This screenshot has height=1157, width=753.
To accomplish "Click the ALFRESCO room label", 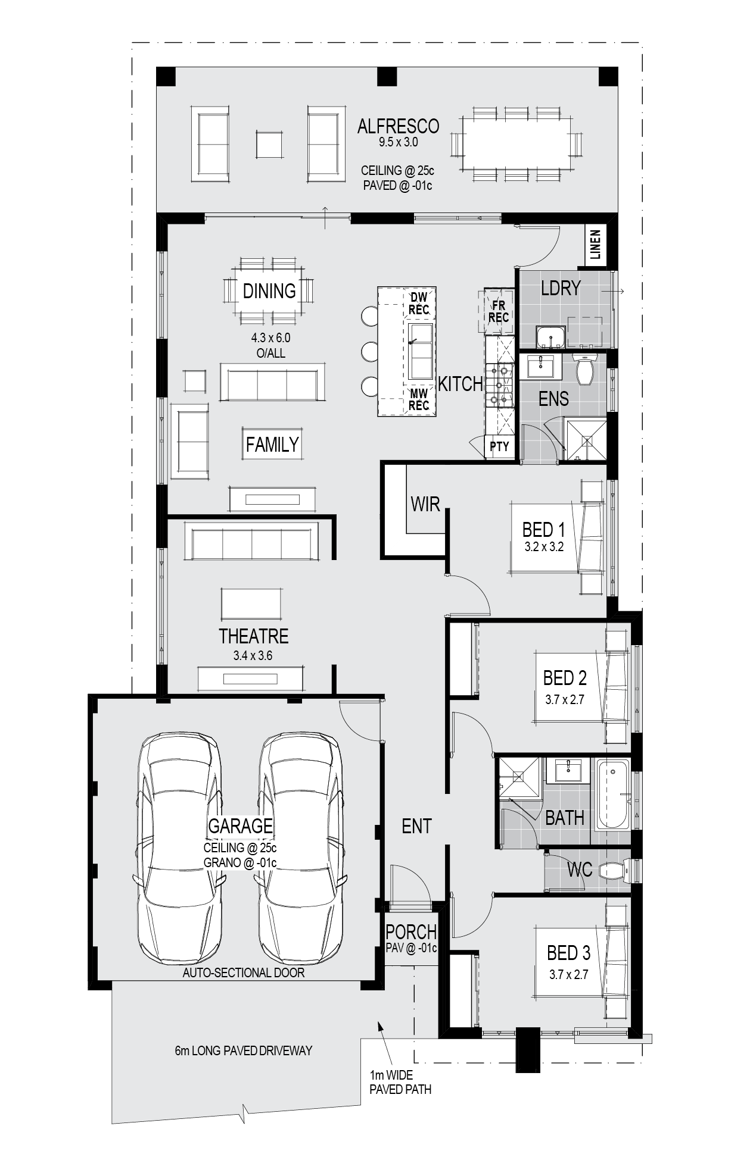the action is [x=398, y=126].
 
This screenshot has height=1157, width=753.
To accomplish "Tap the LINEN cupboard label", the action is [x=595, y=245].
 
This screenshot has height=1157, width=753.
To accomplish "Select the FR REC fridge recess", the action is [x=499, y=311].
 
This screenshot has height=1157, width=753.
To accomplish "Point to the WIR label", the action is [x=425, y=505].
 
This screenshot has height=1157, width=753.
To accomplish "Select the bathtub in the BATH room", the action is [x=613, y=795].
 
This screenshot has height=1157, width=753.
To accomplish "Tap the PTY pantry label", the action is [x=499, y=446].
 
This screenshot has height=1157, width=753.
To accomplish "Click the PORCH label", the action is [x=411, y=931].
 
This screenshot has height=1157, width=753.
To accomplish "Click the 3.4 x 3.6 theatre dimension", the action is [x=253, y=656].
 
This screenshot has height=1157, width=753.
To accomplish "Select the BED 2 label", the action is [x=565, y=677].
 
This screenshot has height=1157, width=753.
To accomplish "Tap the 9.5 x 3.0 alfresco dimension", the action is [x=398, y=143].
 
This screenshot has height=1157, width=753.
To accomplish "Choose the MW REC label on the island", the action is [x=419, y=399].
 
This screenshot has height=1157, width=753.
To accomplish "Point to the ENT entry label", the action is [x=416, y=826].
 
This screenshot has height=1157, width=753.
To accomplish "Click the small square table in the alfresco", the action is [x=270, y=144].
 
